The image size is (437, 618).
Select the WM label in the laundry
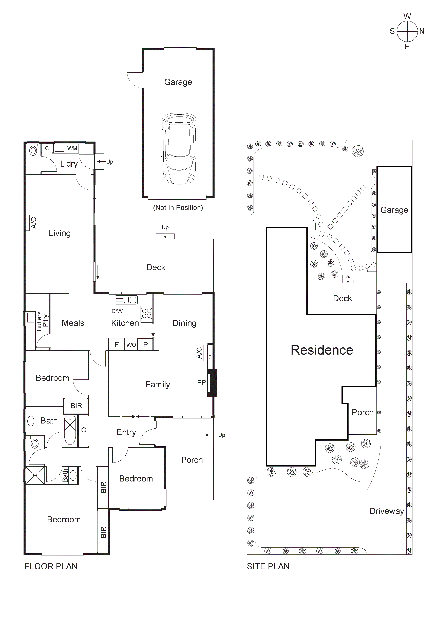[x=72, y=148]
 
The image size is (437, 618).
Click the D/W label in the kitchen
[x=117, y=311]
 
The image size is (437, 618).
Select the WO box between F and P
[x=131, y=344]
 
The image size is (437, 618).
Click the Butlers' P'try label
[x=42, y=321]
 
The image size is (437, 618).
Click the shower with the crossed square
[x=35, y=475]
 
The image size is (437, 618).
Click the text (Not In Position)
[x=178, y=207]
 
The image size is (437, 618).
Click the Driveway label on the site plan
[x=387, y=511]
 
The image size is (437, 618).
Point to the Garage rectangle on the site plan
[x=394, y=210]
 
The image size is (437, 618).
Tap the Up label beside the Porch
[x=221, y=435]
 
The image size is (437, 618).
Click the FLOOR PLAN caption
[x=51, y=566]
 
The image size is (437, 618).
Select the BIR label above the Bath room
[x=76, y=406]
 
